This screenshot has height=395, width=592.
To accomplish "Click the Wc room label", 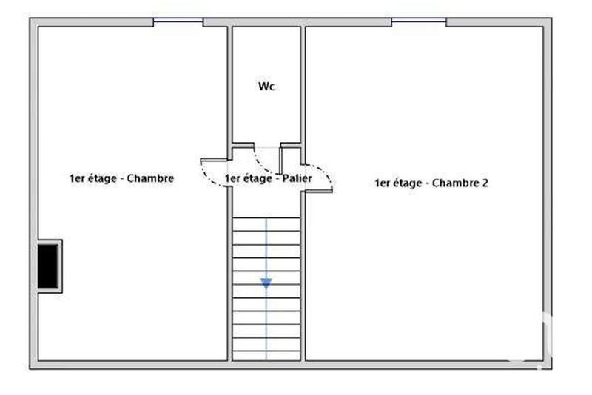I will point(266,87).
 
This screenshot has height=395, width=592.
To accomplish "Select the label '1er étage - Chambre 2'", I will point(431,183).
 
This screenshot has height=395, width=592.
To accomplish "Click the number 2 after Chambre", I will point(485,183).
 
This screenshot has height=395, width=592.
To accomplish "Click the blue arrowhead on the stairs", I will point(266,283).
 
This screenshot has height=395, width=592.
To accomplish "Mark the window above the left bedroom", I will point(178,22).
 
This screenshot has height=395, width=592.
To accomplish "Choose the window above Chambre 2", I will point(419,22).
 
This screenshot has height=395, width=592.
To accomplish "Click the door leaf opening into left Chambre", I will point(215,160).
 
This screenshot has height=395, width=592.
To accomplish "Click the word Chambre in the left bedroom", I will point(150,178).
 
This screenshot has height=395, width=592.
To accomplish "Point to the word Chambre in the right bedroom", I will point(456,183).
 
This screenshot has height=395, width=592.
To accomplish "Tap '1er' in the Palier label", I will point(232,178).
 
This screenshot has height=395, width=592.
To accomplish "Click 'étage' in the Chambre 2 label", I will point(408,183).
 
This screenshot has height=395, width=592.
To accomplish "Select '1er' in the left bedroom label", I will point(76,178).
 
